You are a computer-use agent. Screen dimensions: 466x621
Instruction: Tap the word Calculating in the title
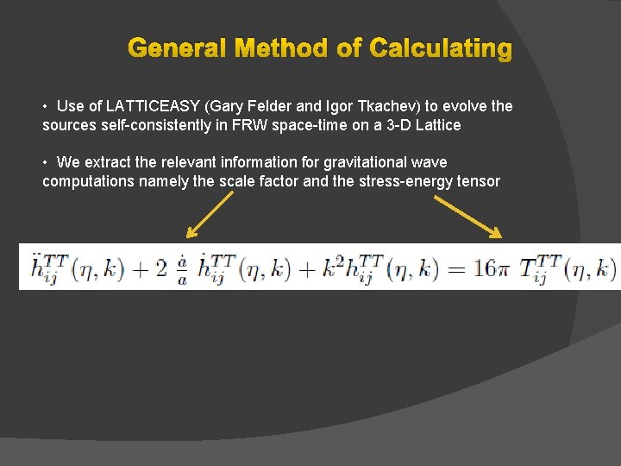(x=440, y=48)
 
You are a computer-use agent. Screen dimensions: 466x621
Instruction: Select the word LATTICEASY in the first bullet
(x=153, y=106)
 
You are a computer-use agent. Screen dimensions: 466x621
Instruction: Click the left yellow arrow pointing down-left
(x=210, y=214)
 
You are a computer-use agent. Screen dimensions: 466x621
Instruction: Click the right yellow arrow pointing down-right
(x=467, y=215)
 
